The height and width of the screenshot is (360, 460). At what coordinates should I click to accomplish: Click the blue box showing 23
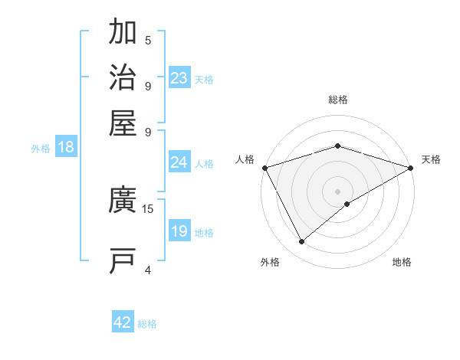[x=179, y=78]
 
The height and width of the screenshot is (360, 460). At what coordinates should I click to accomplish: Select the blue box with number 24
[x=179, y=162]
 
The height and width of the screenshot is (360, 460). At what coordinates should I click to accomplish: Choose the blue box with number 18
[x=66, y=148]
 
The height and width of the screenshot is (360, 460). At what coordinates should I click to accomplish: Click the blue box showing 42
[x=123, y=323]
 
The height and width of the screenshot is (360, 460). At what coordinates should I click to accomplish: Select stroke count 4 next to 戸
[x=148, y=270]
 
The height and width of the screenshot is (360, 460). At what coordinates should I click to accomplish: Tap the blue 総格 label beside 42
[x=147, y=324]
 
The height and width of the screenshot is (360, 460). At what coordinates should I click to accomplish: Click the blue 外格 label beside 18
[x=41, y=149]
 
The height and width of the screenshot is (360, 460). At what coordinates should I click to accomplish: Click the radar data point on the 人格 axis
[x=264, y=167]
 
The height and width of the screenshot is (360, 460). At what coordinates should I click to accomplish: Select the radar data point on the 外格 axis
[x=302, y=242]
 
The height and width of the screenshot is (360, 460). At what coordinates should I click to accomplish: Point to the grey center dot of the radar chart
[x=337, y=191]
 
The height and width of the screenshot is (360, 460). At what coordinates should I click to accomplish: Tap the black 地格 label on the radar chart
[x=402, y=263]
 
